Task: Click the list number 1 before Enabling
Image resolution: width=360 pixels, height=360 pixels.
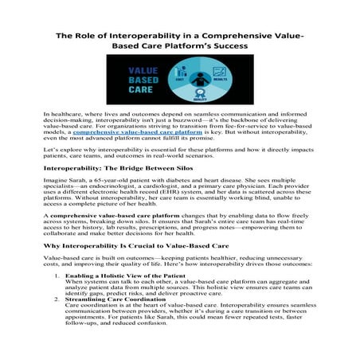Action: click(55, 296)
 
